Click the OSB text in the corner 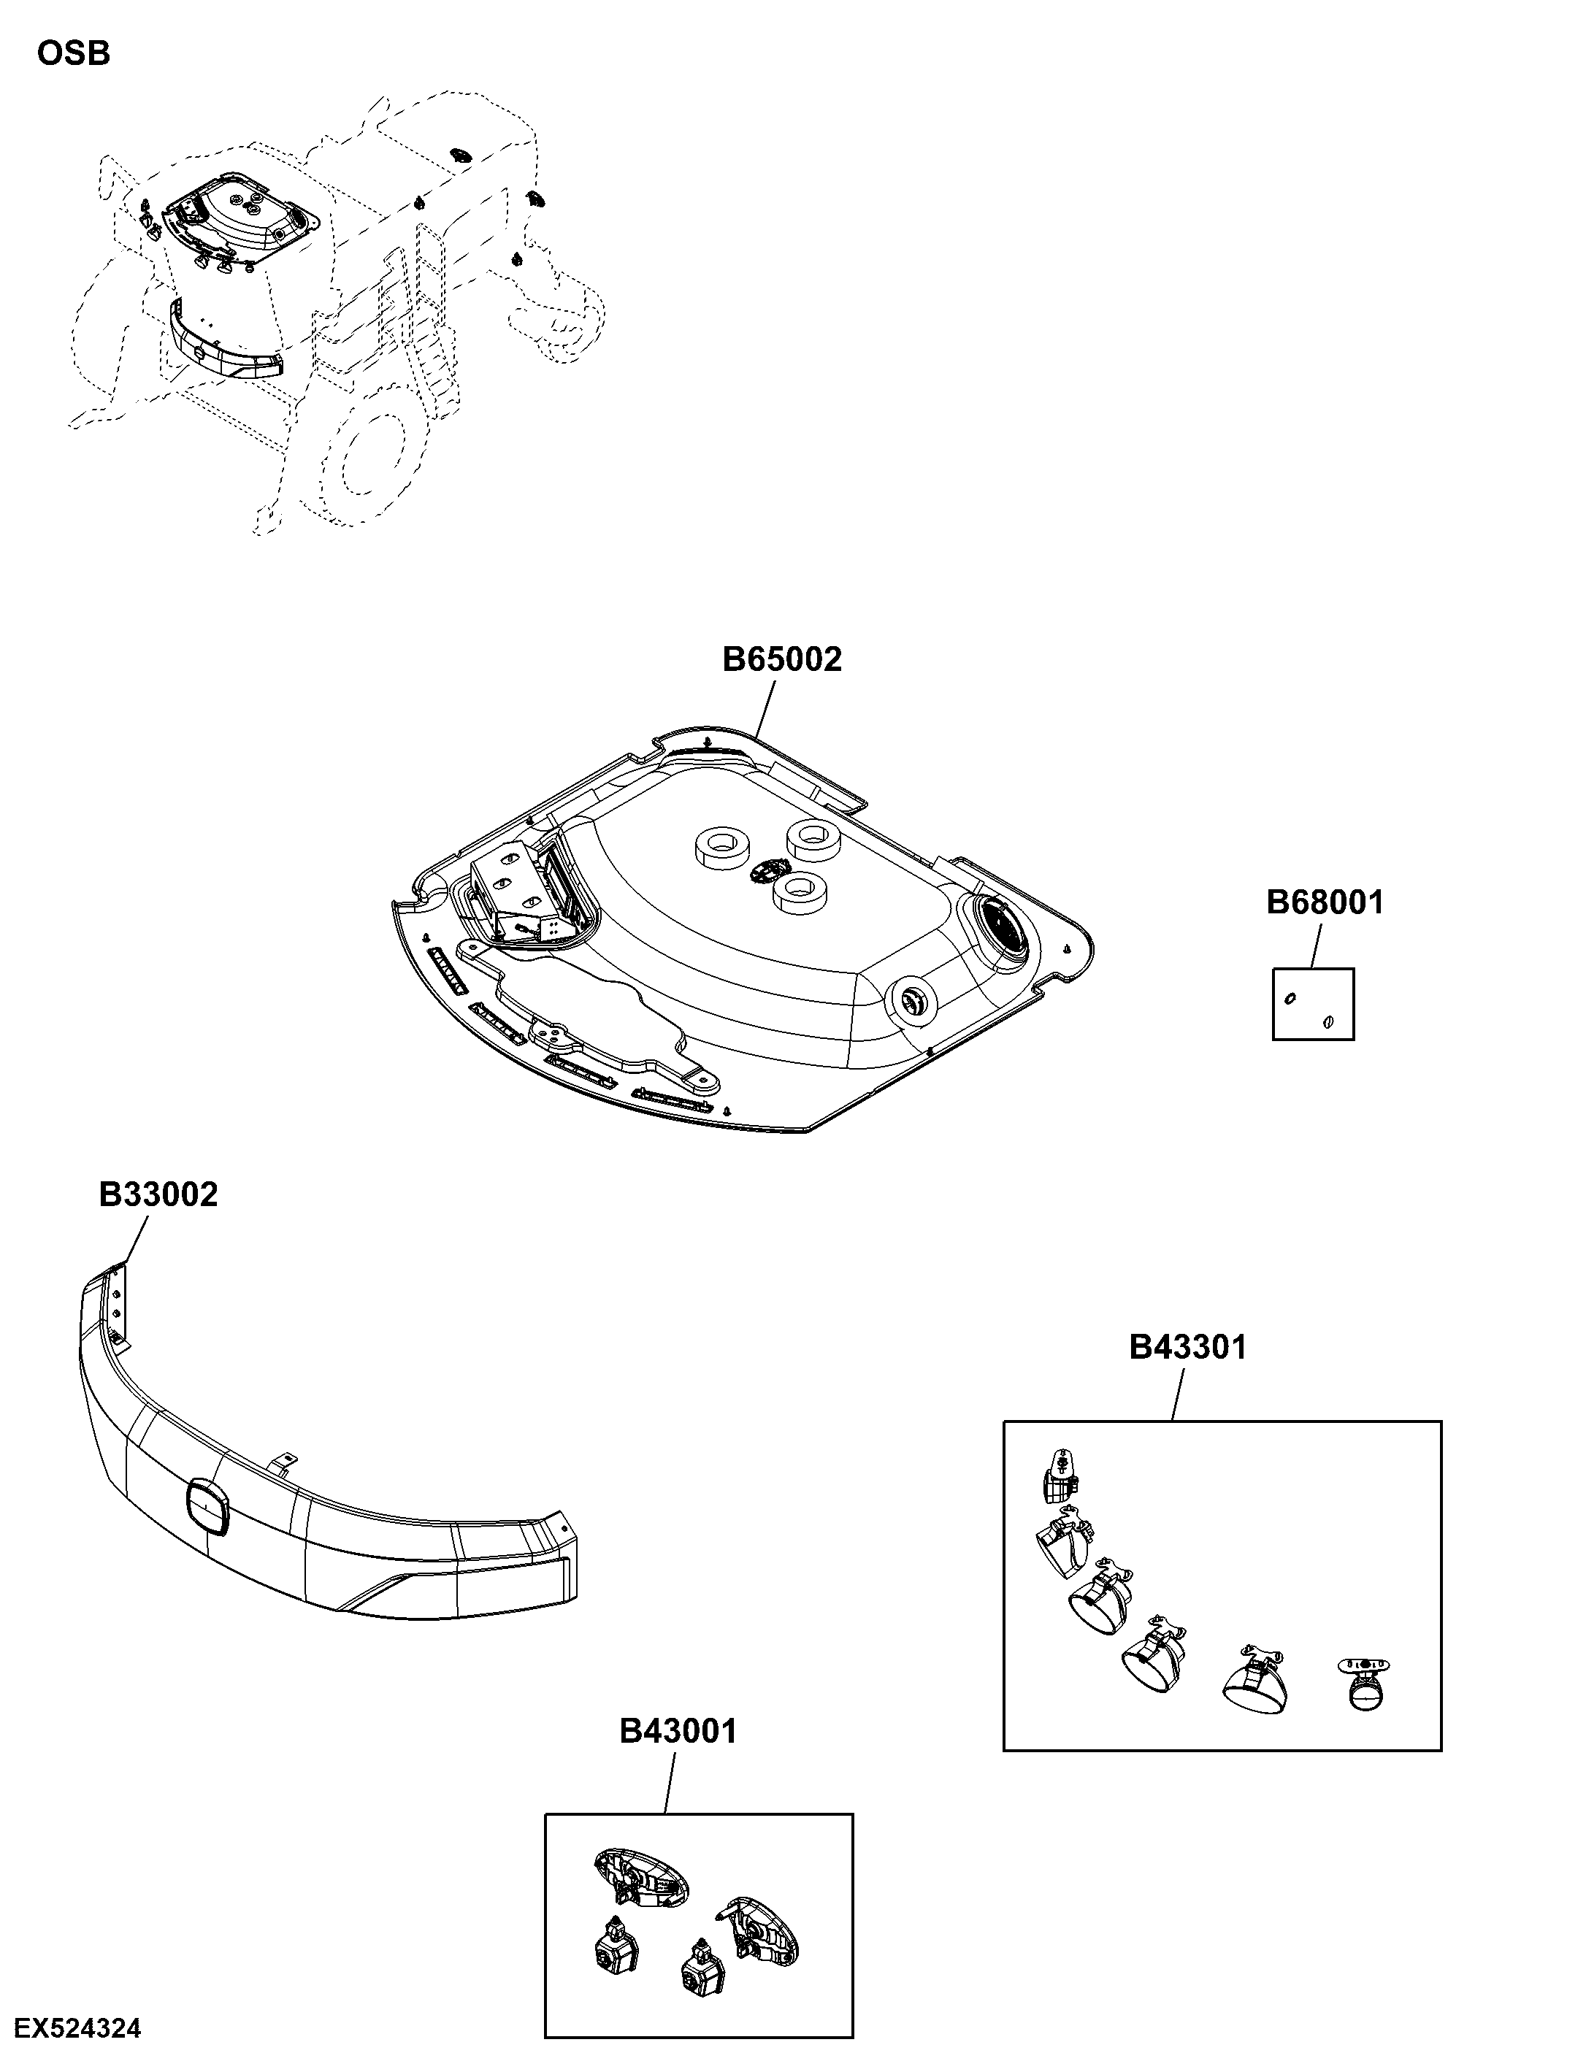coord(73,53)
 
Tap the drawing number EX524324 coord(78,2029)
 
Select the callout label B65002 coord(782,660)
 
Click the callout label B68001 coord(1325,902)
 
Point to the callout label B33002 coord(158,1194)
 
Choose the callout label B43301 coord(1187,1347)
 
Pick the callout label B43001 coord(678,1730)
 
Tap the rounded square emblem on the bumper coord(208,1507)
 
